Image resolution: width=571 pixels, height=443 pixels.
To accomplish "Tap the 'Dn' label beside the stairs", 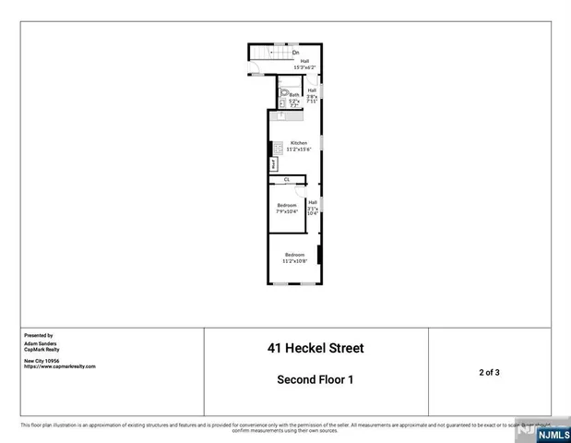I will coord(296,53).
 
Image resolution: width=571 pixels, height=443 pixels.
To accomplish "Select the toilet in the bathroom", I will coord(284,91).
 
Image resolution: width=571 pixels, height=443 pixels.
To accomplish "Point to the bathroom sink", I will coord(283,103).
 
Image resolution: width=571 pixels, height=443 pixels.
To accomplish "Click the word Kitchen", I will coord(298,143).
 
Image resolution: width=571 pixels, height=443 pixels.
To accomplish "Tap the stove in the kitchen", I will coord(275,147).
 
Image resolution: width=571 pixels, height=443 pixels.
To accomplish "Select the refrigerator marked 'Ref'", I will coord(274,164).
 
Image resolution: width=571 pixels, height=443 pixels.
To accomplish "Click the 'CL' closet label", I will coord(287,179).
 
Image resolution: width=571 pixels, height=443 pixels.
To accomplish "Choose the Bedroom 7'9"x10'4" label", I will coord(287,209).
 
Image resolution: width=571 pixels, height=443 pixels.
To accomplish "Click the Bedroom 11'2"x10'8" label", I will coord(294,257).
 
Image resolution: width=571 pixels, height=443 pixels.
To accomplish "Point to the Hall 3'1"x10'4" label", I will coord(313,208).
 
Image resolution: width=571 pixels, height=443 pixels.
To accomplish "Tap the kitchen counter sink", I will coord(287,115).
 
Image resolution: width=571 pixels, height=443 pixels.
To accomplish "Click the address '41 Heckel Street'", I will coord(315,349).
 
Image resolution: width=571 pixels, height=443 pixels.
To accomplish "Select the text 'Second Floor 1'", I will coord(315,379).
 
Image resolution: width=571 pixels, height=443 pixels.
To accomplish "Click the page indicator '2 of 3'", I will coord(489,372).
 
